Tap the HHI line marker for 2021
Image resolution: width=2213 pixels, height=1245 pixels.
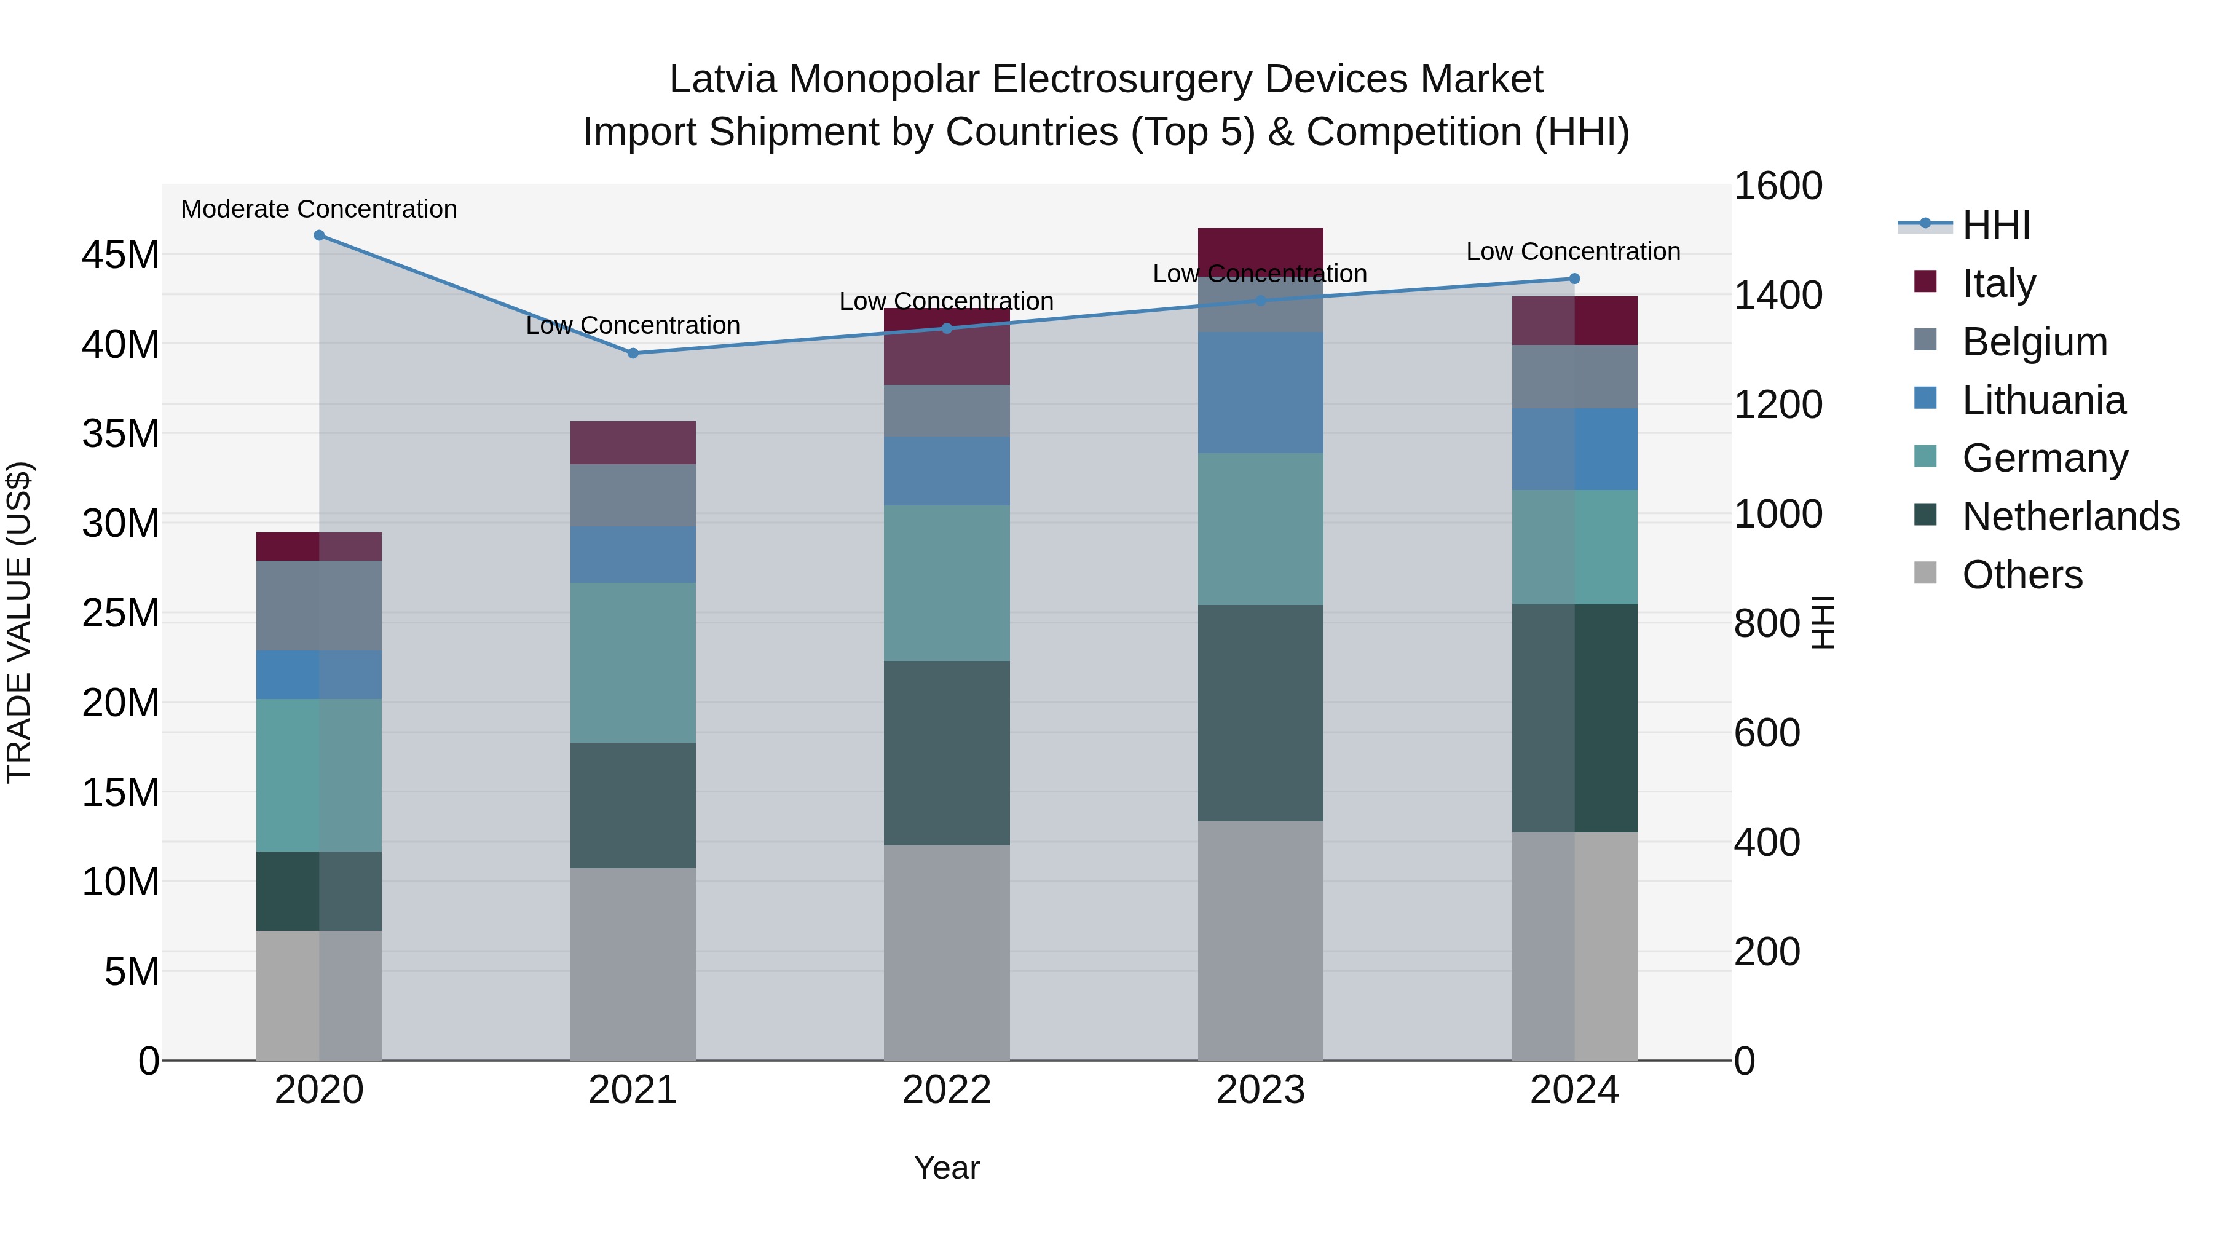pos(633,353)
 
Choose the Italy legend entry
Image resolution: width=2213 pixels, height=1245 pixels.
pos(1998,283)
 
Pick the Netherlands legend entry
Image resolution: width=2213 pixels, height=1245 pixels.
pos(2070,516)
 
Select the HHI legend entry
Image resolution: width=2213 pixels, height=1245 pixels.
pos(1995,225)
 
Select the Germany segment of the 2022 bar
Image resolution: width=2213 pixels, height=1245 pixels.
pos(947,583)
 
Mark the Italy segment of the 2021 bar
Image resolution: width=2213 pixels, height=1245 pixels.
pos(633,443)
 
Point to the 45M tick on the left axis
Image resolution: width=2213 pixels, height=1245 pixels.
pos(120,255)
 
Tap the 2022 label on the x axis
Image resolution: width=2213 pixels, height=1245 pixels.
pos(947,1090)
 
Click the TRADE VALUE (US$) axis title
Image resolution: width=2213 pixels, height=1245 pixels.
pos(19,622)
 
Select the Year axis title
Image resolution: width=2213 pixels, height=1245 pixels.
pos(947,1168)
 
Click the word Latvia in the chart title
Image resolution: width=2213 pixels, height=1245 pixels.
pos(722,80)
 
